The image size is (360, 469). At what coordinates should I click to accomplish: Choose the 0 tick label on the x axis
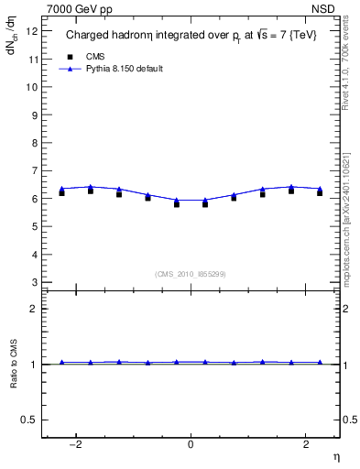(191, 444)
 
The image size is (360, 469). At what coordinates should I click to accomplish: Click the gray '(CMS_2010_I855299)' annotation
(191, 273)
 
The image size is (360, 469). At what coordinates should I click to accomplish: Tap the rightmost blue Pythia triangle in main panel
(320, 189)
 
